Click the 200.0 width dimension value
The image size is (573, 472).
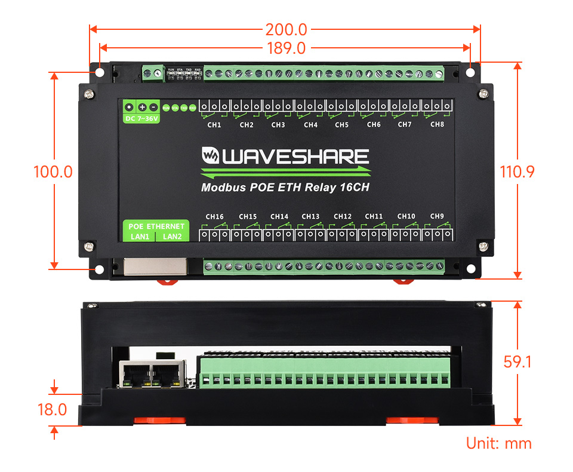point(285,29)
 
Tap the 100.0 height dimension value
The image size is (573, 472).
point(53,172)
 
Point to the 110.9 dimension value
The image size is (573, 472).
point(517,172)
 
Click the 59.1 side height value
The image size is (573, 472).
point(517,362)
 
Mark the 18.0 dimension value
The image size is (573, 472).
point(52,410)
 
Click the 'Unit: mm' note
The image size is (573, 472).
point(498,443)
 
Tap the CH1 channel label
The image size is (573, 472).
point(214,125)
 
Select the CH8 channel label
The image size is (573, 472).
point(437,124)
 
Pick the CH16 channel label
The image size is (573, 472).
point(214,216)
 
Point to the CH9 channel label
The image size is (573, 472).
point(437,216)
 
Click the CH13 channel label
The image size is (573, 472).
point(310,216)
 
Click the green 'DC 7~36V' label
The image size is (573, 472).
point(141,118)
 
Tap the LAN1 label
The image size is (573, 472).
point(141,237)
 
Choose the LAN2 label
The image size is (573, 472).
point(172,237)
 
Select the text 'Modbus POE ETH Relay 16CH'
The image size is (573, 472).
point(286,188)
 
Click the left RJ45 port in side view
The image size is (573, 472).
point(135,375)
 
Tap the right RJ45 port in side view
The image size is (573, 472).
point(168,375)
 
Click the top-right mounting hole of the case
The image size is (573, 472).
point(470,72)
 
